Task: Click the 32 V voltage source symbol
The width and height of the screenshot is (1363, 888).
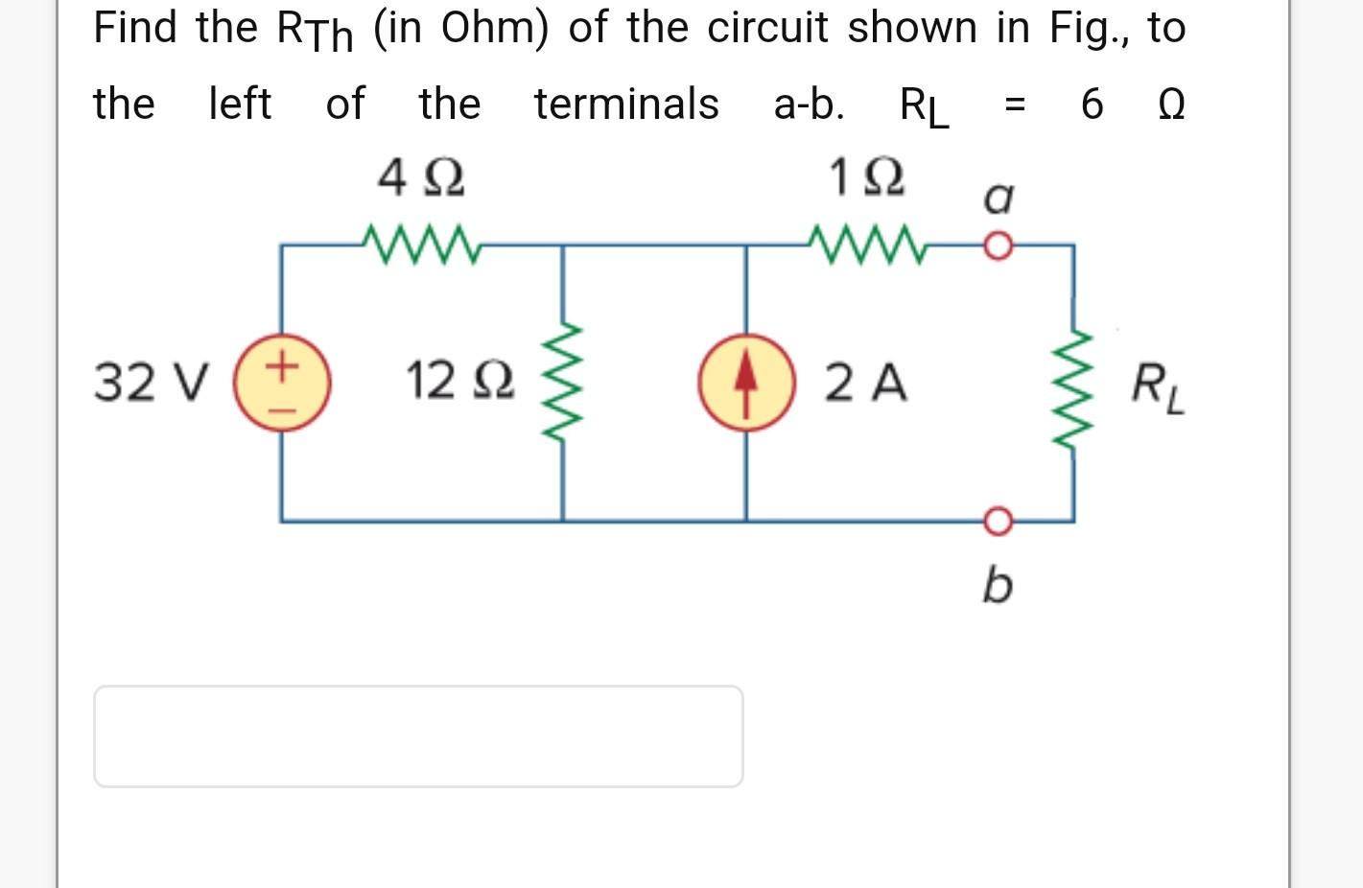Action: (283, 383)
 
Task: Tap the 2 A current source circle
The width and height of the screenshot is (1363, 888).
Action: (746, 383)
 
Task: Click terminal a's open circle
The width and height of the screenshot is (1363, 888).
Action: (998, 246)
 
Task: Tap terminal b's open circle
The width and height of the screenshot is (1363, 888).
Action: (998, 521)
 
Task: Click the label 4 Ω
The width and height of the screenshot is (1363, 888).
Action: (421, 178)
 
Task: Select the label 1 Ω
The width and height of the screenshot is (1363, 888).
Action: (866, 178)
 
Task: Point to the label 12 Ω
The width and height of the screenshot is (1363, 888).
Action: (460, 381)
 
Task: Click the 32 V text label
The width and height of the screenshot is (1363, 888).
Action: (151, 383)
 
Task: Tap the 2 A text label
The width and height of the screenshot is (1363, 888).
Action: (865, 383)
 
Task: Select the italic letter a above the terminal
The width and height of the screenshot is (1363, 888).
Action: (998, 199)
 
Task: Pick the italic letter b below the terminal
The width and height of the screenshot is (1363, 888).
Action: (997, 584)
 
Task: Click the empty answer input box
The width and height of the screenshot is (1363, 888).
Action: (418, 736)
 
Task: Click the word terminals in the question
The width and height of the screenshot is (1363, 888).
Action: (626, 104)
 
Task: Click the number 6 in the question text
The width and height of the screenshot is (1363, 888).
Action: (1092, 104)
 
